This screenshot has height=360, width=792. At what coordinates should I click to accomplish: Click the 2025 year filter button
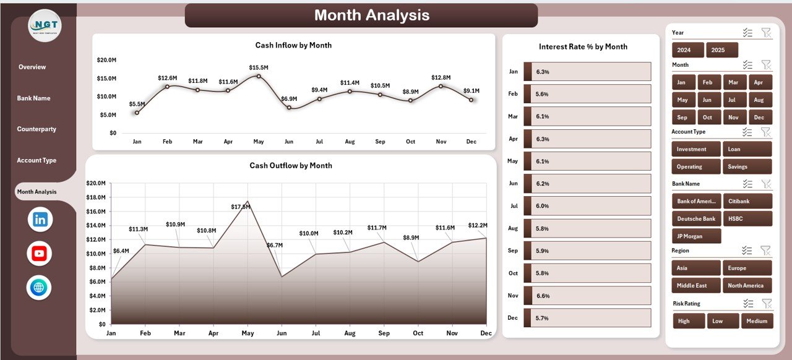click(722, 50)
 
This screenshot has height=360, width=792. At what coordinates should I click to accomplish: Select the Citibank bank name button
click(749, 201)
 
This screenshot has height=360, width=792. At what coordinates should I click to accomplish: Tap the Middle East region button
click(696, 285)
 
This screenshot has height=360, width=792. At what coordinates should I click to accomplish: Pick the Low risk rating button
click(723, 321)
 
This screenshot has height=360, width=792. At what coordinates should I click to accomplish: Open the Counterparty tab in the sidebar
click(37, 129)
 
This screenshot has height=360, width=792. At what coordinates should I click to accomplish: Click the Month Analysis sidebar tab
click(37, 192)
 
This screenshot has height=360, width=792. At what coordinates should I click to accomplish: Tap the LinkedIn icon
click(40, 220)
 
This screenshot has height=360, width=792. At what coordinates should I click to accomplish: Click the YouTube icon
click(40, 254)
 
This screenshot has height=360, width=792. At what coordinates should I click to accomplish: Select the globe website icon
click(39, 288)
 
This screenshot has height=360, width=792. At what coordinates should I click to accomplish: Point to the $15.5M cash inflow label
click(259, 67)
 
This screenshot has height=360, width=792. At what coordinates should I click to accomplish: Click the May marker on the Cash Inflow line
click(259, 76)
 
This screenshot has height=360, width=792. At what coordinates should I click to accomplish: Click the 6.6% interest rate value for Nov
click(543, 296)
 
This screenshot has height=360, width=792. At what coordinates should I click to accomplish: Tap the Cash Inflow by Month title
click(293, 45)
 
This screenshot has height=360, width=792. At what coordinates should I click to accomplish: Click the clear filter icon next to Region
click(766, 251)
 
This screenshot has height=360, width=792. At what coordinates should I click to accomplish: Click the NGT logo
click(45, 26)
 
